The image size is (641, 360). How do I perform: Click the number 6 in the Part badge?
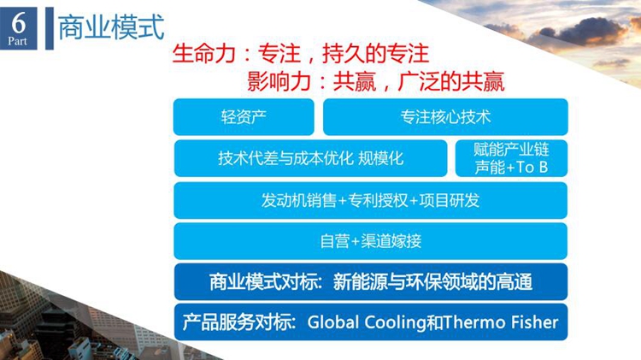point(19,22)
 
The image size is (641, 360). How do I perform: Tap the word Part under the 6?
point(17,41)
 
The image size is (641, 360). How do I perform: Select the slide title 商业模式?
point(111,27)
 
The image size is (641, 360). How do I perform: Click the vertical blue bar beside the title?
point(49,28)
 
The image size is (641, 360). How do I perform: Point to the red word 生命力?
point(203,53)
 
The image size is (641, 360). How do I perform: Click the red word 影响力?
point(279,81)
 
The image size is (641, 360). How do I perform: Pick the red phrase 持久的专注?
point(376,53)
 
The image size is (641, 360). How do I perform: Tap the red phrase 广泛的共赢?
point(451,81)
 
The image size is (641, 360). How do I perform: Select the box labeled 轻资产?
point(244,117)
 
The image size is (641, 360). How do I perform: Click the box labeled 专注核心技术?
point(445,117)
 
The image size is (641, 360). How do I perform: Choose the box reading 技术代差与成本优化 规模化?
point(311,158)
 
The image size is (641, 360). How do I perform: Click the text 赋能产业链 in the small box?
point(511,150)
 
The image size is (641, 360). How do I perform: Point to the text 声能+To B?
point(511,168)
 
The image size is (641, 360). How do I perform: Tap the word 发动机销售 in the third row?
point(299,200)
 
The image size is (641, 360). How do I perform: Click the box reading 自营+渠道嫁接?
point(370,241)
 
